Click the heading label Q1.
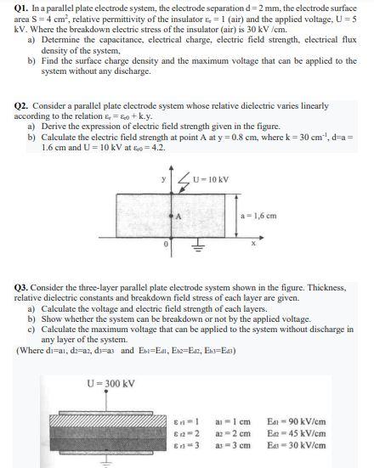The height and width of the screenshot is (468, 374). [23, 8]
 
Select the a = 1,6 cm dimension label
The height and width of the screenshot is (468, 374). [263, 217]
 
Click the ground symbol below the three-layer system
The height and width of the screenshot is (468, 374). [107, 461]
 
